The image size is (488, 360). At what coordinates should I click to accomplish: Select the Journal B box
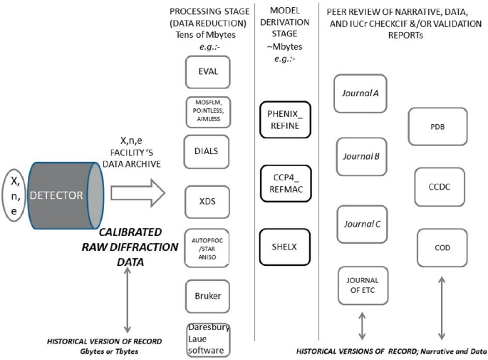click(361, 158)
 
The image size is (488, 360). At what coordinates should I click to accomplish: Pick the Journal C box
click(361, 224)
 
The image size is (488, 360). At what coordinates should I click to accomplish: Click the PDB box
click(437, 125)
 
